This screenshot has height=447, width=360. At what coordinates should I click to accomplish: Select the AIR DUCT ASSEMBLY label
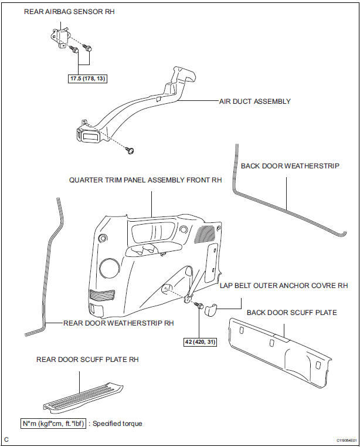tap(254, 101)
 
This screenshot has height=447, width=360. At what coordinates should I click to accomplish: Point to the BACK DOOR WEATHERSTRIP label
tap(290, 165)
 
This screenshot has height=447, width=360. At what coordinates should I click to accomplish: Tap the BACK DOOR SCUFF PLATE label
tap(291, 312)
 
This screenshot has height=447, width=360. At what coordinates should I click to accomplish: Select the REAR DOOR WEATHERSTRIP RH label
tap(119, 322)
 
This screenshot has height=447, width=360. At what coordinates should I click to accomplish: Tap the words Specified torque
tap(120, 422)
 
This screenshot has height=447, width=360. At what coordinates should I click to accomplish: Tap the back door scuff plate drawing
tap(281, 352)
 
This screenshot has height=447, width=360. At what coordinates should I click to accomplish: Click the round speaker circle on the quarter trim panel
tap(108, 268)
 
